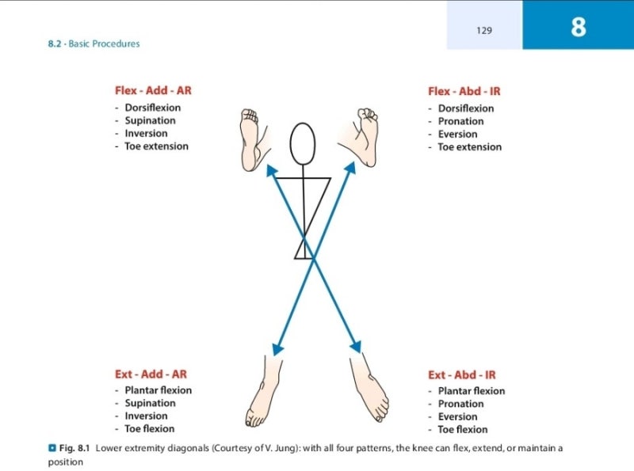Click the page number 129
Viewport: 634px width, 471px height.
[x=484, y=30]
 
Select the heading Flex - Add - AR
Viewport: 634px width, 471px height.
[x=153, y=90]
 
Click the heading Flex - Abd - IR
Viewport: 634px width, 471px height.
[x=464, y=91]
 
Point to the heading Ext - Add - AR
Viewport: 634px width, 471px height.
[x=151, y=374]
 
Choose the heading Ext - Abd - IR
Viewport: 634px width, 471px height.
[x=461, y=374]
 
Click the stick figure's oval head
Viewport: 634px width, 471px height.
[x=303, y=144]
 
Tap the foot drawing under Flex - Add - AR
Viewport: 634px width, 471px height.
[x=253, y=139]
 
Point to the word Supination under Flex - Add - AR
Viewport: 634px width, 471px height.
[x=150, y=120]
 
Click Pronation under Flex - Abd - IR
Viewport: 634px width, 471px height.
[x=460, y=121]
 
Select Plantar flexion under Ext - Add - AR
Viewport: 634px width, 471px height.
[x=158, y=389]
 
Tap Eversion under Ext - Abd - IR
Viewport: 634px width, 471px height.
[x=457, y=416]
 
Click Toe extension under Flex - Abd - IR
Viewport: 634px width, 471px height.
[x=469, y=146]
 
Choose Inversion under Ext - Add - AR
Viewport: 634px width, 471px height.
[x=146, y=416]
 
